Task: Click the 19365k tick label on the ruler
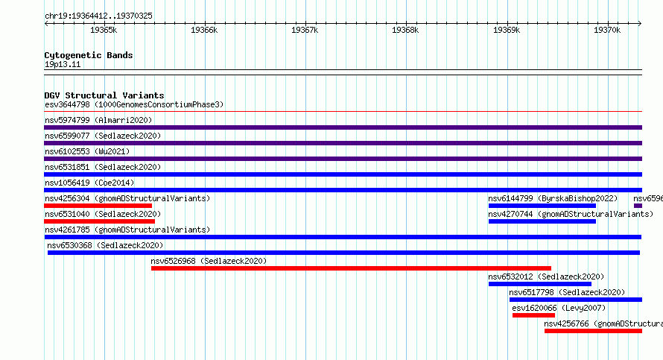tap(104, 30)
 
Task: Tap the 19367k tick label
tap(305, 30)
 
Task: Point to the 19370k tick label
tap(607, 30)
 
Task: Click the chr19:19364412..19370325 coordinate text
tap(98, 16)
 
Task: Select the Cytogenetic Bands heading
tap(89, 55)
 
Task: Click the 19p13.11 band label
tap(63, 64)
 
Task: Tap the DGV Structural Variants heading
tap(104, 95)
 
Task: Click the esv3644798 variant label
tap(67, 104)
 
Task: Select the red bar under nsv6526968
tap(351, 268)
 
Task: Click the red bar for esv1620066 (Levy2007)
tap(533, 315)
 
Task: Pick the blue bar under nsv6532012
tap(540, 284)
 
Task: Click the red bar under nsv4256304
tap(98, 206)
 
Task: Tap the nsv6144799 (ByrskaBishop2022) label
tap(553, 198)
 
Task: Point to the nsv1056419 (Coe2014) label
tap(89, 183)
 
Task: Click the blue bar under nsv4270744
tap(542, 221)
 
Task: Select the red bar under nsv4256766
tap(593, 331)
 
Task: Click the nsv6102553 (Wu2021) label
tap(87, 151)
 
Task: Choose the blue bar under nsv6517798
tap(576, 300)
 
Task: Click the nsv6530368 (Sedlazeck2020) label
tap(105, 245)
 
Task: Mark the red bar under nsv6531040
tap(99, 221)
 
